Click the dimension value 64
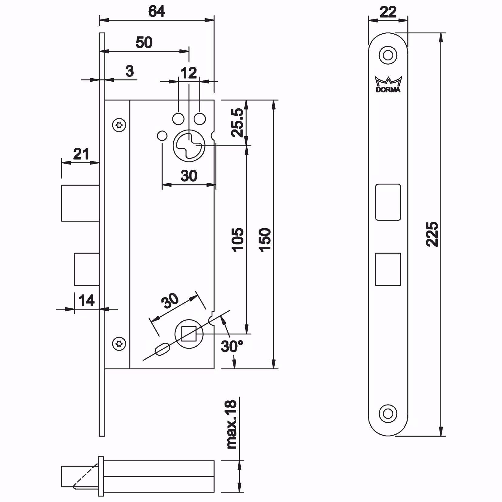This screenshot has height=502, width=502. coord(157,11)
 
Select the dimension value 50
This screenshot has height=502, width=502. coord(144,42)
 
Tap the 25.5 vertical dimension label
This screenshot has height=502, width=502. coord(238,123)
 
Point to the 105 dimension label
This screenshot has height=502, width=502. coord(238,239)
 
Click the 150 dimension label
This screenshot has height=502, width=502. coord(265,239)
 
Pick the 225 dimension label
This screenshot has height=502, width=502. coord(432,234)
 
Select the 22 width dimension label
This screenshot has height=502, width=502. coord(388,12)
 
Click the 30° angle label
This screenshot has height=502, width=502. coord(232,346)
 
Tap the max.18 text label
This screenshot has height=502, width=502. coord(232,424)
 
